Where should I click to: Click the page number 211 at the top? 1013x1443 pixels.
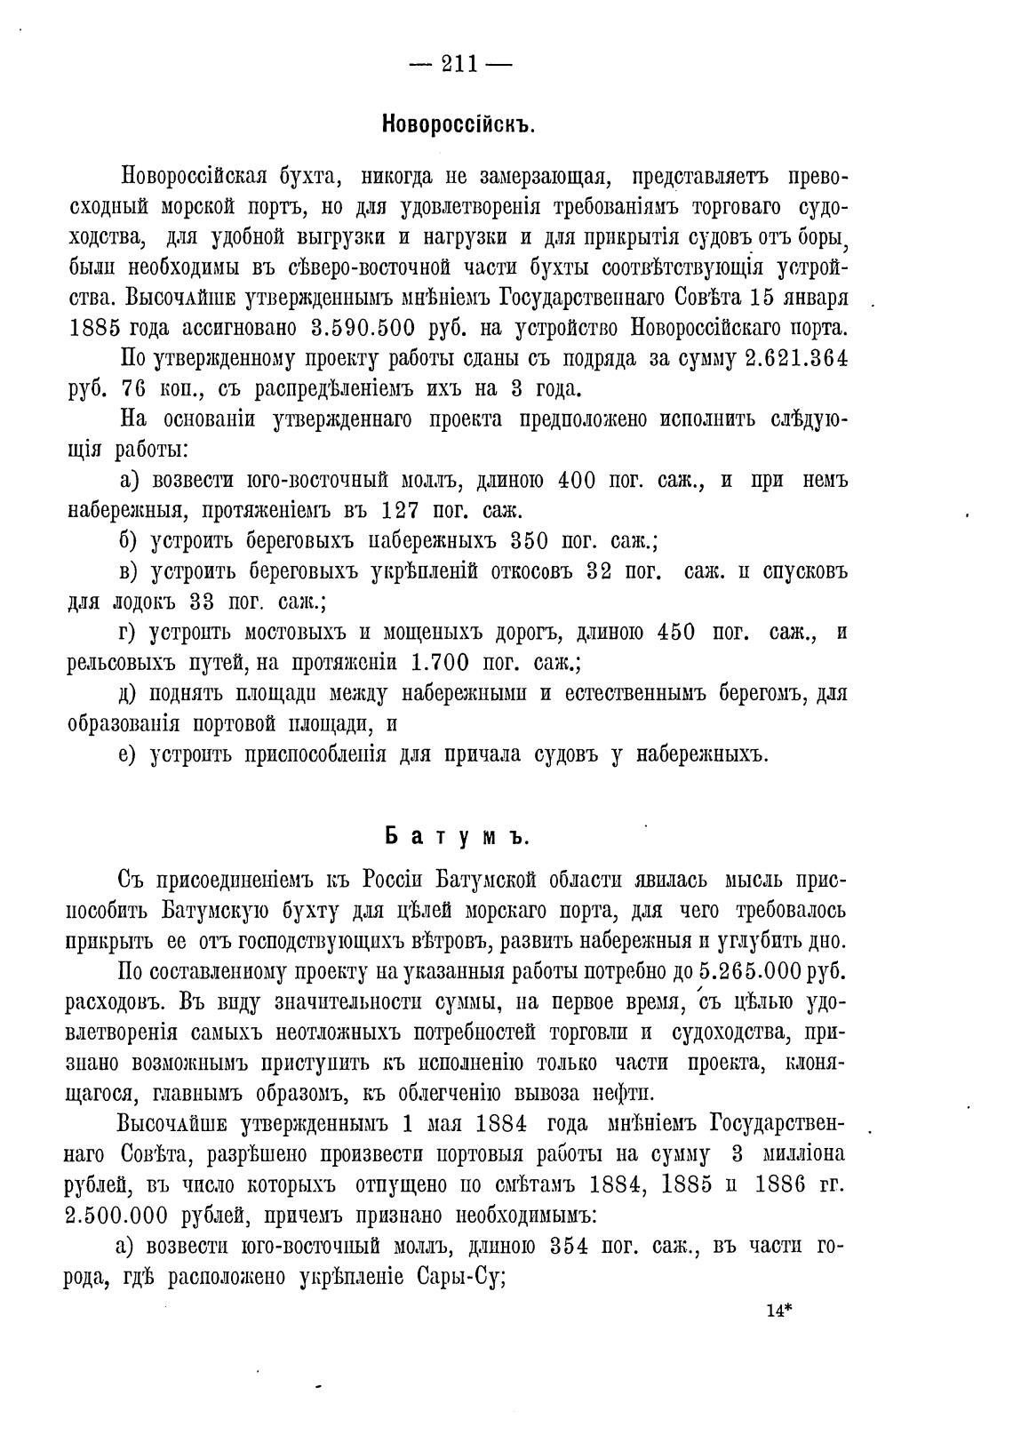tap(460, 65)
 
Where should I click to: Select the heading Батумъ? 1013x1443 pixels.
tap(458, 838)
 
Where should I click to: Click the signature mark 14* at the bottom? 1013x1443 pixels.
tap(778, 1310)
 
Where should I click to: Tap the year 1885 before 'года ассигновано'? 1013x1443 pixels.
tap(95, 327)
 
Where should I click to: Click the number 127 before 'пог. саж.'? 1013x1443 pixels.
tap(405, 511)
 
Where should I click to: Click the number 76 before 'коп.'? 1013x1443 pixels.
tap(136, 389)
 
